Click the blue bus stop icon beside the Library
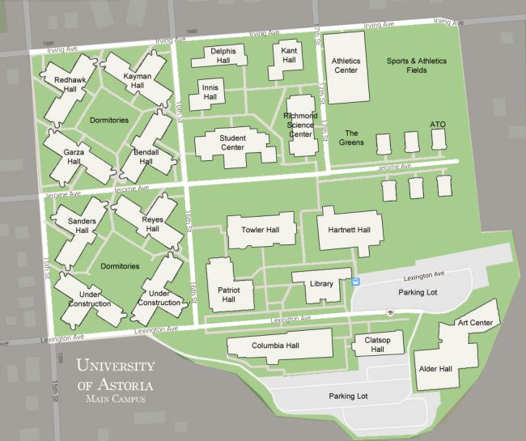(356, 282)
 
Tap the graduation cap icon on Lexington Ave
(390, 312)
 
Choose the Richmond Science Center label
(300, 125)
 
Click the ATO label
(438, 125)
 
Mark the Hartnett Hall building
(349, 231)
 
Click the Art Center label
(474, 323)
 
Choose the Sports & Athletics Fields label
(418, 66)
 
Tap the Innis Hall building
(208, 92)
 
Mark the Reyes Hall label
(152, 225)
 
